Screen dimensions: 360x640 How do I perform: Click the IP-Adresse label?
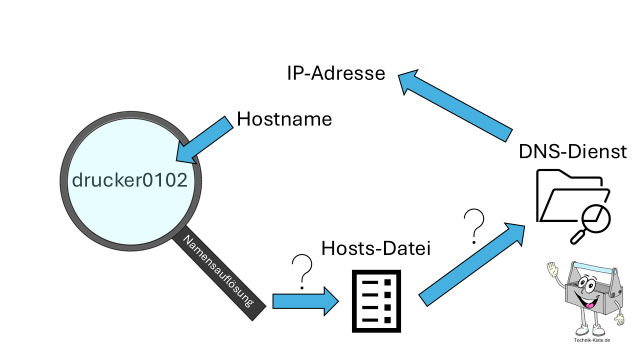click(336, 73)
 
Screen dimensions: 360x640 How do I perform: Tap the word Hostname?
click(284, 119)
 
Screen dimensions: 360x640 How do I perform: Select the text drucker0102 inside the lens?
click(130, 180)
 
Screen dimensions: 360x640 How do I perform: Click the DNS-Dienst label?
click(572, 151)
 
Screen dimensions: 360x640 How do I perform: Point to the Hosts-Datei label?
click(375, 248)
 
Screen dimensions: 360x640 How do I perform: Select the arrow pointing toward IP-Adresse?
click(455, 102)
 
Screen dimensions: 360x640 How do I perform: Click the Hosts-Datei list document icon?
click(376, 301)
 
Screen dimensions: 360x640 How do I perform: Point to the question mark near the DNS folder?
click(474, 225)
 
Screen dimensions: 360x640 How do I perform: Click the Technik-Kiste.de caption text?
click(592, 340)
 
